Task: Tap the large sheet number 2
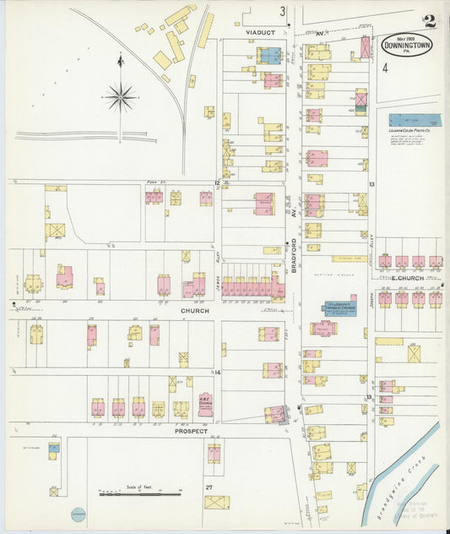(x=431, y=20)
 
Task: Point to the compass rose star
(x=121, y=97)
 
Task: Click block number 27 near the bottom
(x=208, y=487)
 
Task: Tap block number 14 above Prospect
(x=217, y=372)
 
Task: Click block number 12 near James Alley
(x=217, y=183)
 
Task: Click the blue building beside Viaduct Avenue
(x=269, y=56)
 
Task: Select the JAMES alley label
(x=217, y=281)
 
